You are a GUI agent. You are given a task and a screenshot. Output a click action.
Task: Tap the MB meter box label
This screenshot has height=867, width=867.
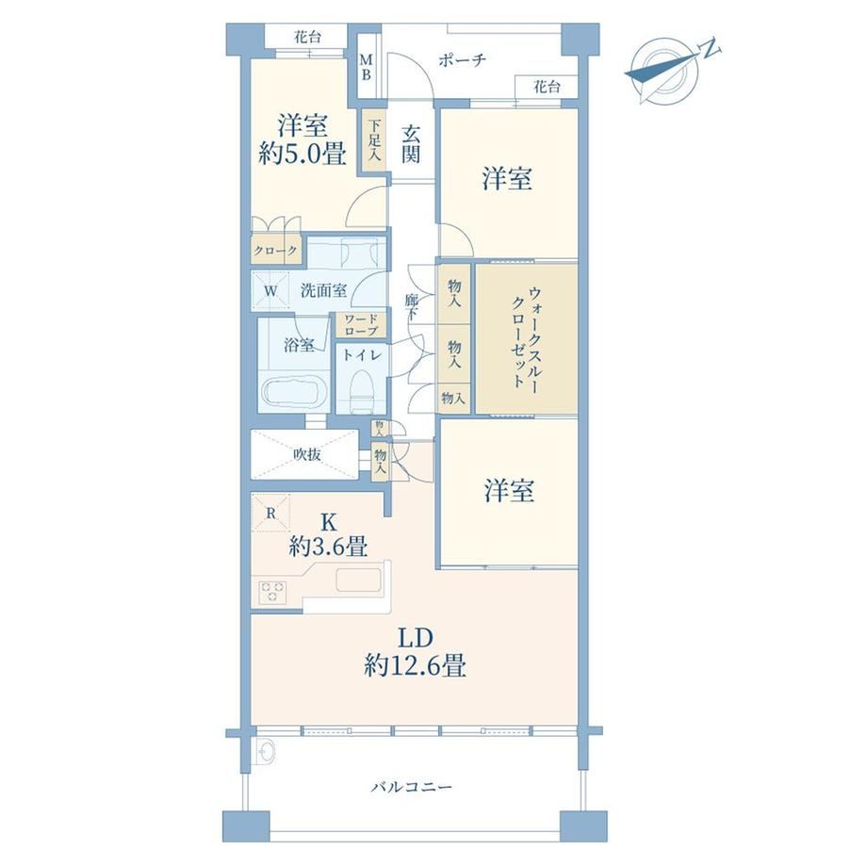click(x=366, y=66)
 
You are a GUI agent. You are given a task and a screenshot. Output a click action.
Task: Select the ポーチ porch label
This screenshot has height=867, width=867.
click(x=463, y=59)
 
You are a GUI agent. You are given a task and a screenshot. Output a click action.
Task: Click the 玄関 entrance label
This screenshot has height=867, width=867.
click(x=410, y=144)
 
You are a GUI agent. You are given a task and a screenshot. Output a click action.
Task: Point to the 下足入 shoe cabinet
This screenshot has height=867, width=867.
click(x=374, y=139)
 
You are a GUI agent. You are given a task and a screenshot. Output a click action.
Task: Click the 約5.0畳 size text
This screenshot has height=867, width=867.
click(x=303, y=154)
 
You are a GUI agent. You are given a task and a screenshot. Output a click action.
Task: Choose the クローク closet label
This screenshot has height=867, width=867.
click(x=275, y=251)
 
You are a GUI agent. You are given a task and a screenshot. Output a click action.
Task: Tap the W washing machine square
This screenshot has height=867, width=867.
click(x=270, y=290)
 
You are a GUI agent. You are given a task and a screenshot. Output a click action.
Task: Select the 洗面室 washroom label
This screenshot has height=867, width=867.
click(x=323, y=289)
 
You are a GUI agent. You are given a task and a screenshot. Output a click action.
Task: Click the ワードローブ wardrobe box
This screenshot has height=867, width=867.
click(x=361, y=325)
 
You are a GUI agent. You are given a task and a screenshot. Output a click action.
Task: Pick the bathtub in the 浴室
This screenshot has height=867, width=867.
click(x=293, y=391)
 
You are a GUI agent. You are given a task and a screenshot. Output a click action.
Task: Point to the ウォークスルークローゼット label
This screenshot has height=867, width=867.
click(x=527, y=337)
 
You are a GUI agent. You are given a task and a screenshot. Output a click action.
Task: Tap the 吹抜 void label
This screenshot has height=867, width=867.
click(x=307, y=454)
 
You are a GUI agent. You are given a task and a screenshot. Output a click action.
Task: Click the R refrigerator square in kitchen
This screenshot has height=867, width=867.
click(x=270, y=513)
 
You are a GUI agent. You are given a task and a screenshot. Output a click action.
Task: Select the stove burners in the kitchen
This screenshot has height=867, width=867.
click(x=272, y=592)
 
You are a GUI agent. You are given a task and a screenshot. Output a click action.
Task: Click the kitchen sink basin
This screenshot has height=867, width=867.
click(x=358, y=580)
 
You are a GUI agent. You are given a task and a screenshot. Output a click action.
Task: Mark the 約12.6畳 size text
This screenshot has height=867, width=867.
click(x=415, y=664)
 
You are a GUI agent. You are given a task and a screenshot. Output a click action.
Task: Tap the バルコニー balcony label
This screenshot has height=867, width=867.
click(x=412, y=786)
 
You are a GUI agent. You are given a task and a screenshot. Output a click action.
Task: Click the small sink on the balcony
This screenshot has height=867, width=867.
click(x=267, y=751)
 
